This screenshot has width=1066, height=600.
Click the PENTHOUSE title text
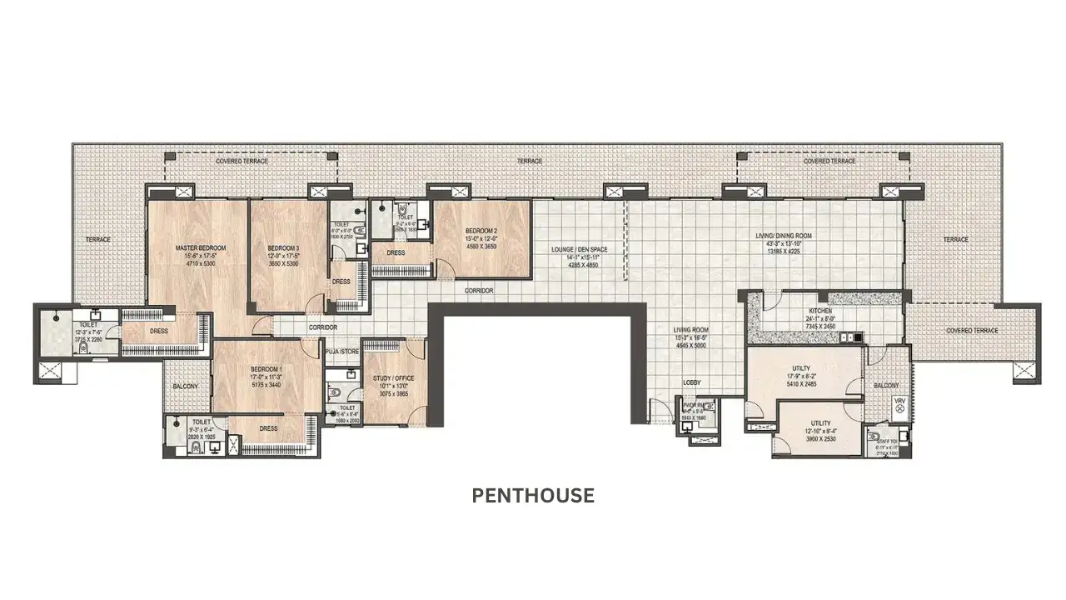pyautogui.click(x=533, y=496)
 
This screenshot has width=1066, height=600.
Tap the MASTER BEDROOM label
pyautogui.click(x=201, y=248)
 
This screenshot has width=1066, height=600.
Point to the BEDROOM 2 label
pyautogui.click(x=481, y=231)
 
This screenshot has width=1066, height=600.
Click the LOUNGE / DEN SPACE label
pyautogui.click(x=578, y=249)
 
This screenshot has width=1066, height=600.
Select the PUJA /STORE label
pyautogui.click(x=342, y=352)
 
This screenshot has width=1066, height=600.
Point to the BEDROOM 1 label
pyautogui.click(x=267, y=370)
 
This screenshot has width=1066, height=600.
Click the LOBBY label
pyautogui.click(x=692, y=383)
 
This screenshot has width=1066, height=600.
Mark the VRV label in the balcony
pyautogui.click(x=899, y=402)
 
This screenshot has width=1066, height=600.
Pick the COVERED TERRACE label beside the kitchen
pyautogui.click(x=972, y=331)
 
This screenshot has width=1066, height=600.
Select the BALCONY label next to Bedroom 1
pyautogui.click(x=186, y=387)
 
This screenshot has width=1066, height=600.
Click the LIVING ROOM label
pyautogui.click(x=690, y=330)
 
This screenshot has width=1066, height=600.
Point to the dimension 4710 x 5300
pyautogui.click(x=200, y=264)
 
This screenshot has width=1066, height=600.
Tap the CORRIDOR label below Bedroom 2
pyautogui.click(x=480, y=291)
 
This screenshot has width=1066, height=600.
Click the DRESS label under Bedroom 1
pyautogui.click(x=267, y=428)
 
